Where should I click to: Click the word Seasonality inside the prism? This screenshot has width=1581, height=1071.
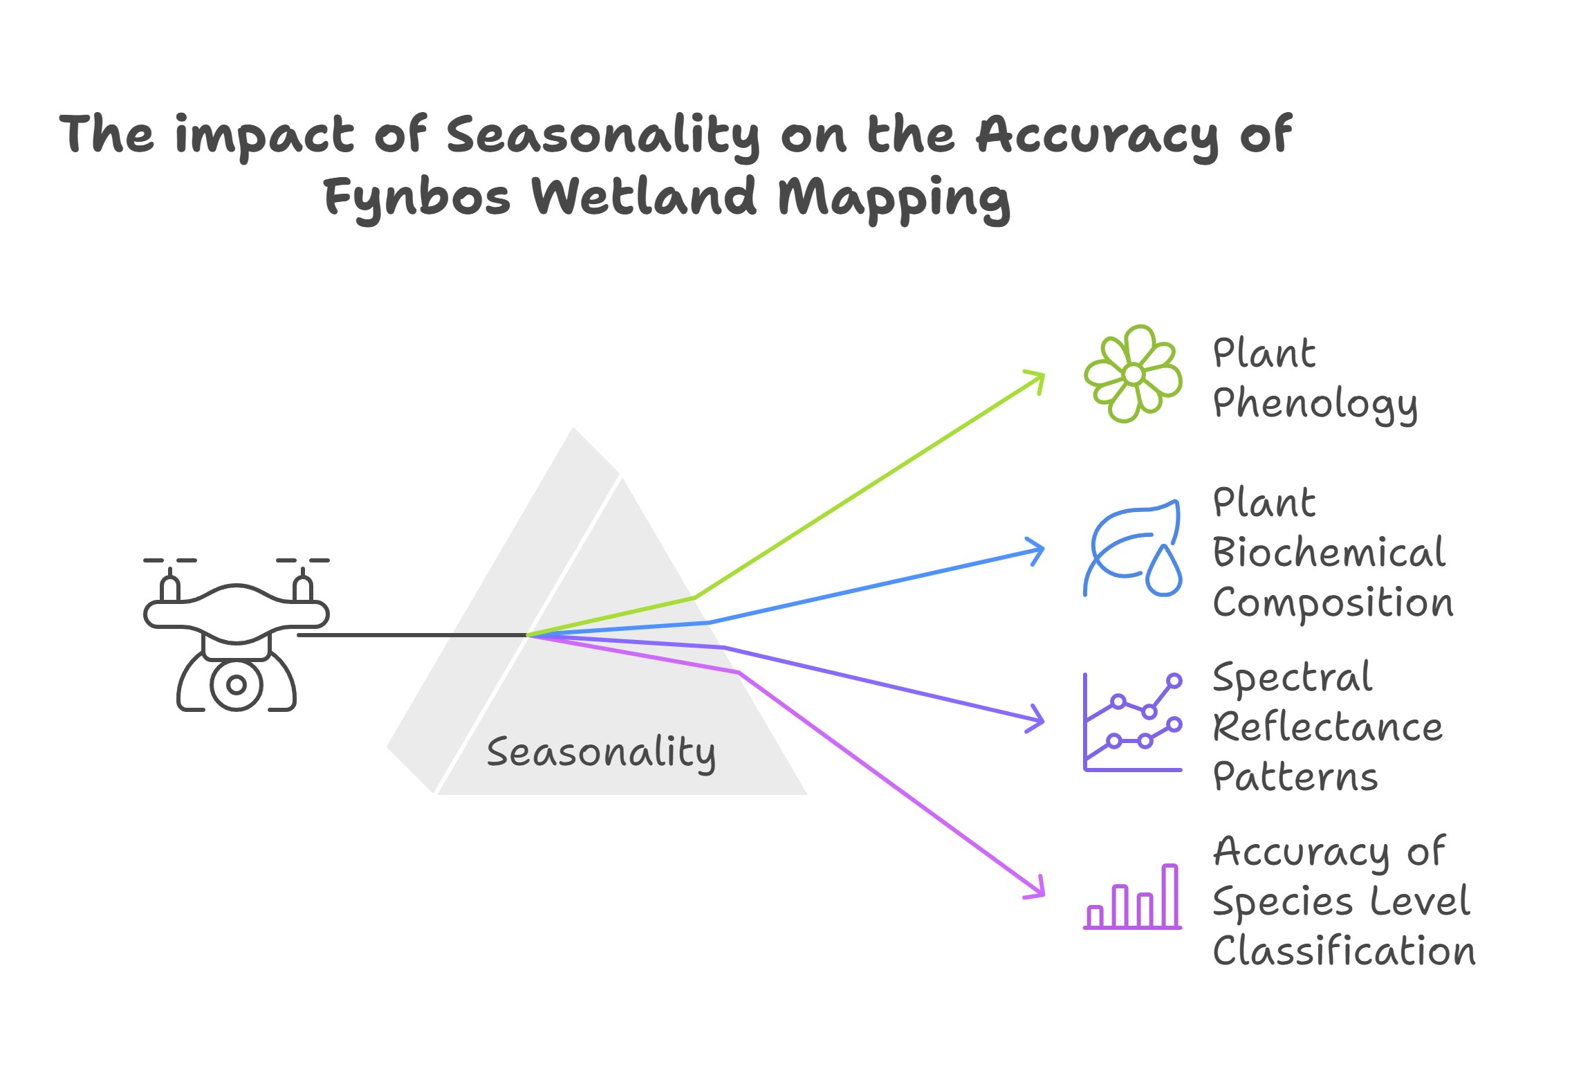click(601, 753)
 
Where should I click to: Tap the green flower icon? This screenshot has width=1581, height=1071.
click(1133, 374)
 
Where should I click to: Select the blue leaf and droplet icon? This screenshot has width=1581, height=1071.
click(1133, 549)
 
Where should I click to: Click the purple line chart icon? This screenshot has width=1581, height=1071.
click(1133, 722)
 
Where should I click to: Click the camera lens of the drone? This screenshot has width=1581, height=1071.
click(237, 685)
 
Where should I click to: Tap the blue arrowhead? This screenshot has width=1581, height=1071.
click(1038, 551)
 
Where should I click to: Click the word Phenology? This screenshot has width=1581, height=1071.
click(1315, 404)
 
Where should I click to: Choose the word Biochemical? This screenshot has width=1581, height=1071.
click(1329, 553)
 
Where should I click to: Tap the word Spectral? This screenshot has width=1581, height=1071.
click(1292, 678)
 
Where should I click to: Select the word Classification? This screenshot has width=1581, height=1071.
click(1344, 951)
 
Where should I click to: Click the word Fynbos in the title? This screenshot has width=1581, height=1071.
click(417, 198)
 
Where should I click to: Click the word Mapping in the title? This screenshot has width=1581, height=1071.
click(894, 198)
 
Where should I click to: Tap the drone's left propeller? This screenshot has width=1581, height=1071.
click(170, 561)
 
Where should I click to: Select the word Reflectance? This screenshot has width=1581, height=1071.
click(1327, 728)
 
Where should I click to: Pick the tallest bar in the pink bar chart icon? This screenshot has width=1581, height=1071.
click(1169, 895)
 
